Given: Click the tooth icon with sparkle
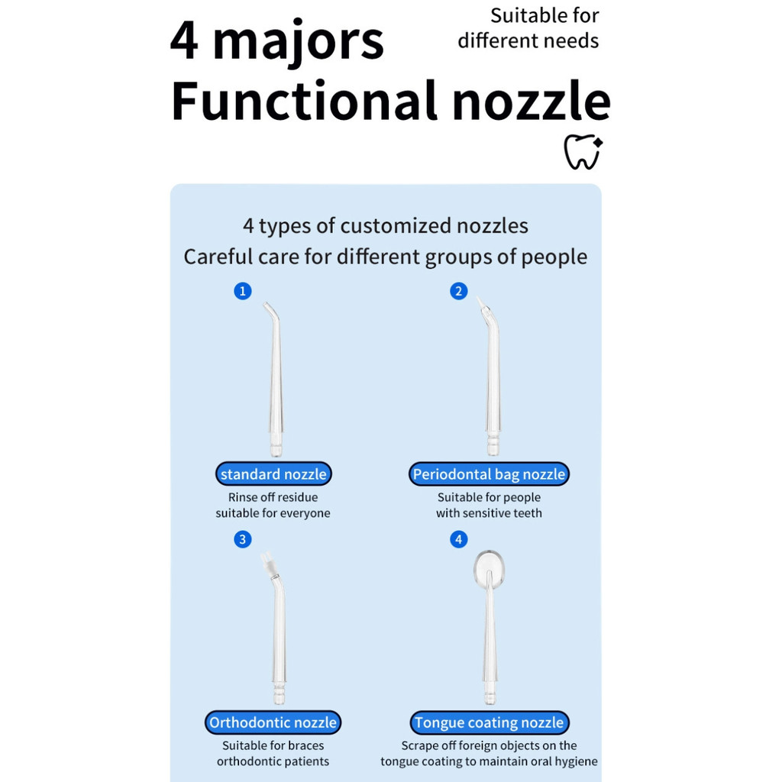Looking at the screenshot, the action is [x=583, y=152].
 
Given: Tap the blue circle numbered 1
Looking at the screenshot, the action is [x=243, y=291].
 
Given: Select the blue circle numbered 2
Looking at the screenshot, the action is [x=459, y=291].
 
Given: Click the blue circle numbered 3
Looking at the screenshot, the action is [x=243, y=540].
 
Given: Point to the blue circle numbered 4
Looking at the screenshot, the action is [x=459, y=540].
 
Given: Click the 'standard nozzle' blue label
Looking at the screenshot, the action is [x=273, y=474].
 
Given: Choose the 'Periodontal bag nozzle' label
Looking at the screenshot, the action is [x=489, y=474].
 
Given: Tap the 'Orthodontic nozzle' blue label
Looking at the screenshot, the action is [x=273, y=722].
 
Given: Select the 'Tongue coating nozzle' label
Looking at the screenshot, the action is [x=489, y=722].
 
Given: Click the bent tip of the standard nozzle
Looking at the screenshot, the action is [x=270, y=309].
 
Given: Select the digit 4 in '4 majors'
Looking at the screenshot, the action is [x=185, y=41].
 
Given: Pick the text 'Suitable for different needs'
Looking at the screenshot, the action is [x=529, y=28].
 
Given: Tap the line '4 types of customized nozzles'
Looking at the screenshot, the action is [x=386, y=226].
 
